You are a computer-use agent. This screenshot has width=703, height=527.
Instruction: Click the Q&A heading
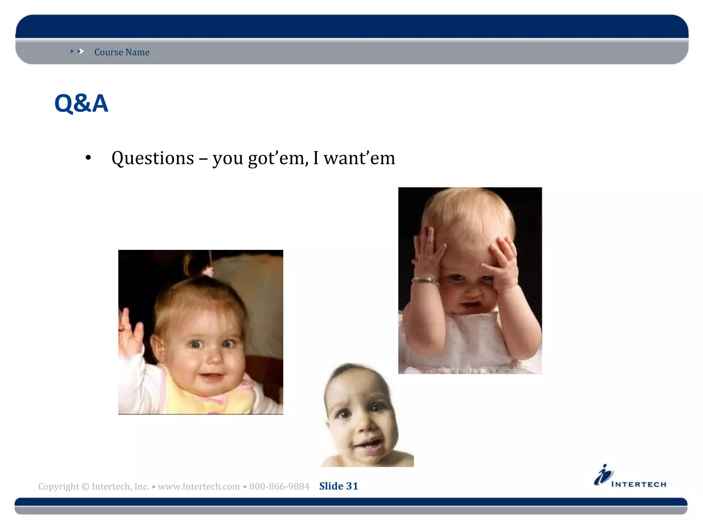81,103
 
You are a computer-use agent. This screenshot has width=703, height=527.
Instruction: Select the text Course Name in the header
122,52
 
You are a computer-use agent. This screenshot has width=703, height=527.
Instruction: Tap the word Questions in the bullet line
153,158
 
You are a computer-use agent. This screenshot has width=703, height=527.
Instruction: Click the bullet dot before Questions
88,158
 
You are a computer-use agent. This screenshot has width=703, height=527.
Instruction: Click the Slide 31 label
338,486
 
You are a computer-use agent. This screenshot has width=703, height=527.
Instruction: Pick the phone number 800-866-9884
279,487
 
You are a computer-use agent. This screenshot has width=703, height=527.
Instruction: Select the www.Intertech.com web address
199,487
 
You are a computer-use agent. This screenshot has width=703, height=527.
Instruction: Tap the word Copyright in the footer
58,487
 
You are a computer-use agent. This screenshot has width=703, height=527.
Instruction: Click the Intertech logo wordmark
638,484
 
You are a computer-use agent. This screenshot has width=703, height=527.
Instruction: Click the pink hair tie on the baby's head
207,272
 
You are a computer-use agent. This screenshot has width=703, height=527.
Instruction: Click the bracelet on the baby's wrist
426,281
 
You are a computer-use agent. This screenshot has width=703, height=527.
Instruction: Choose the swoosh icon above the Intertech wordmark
603,475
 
